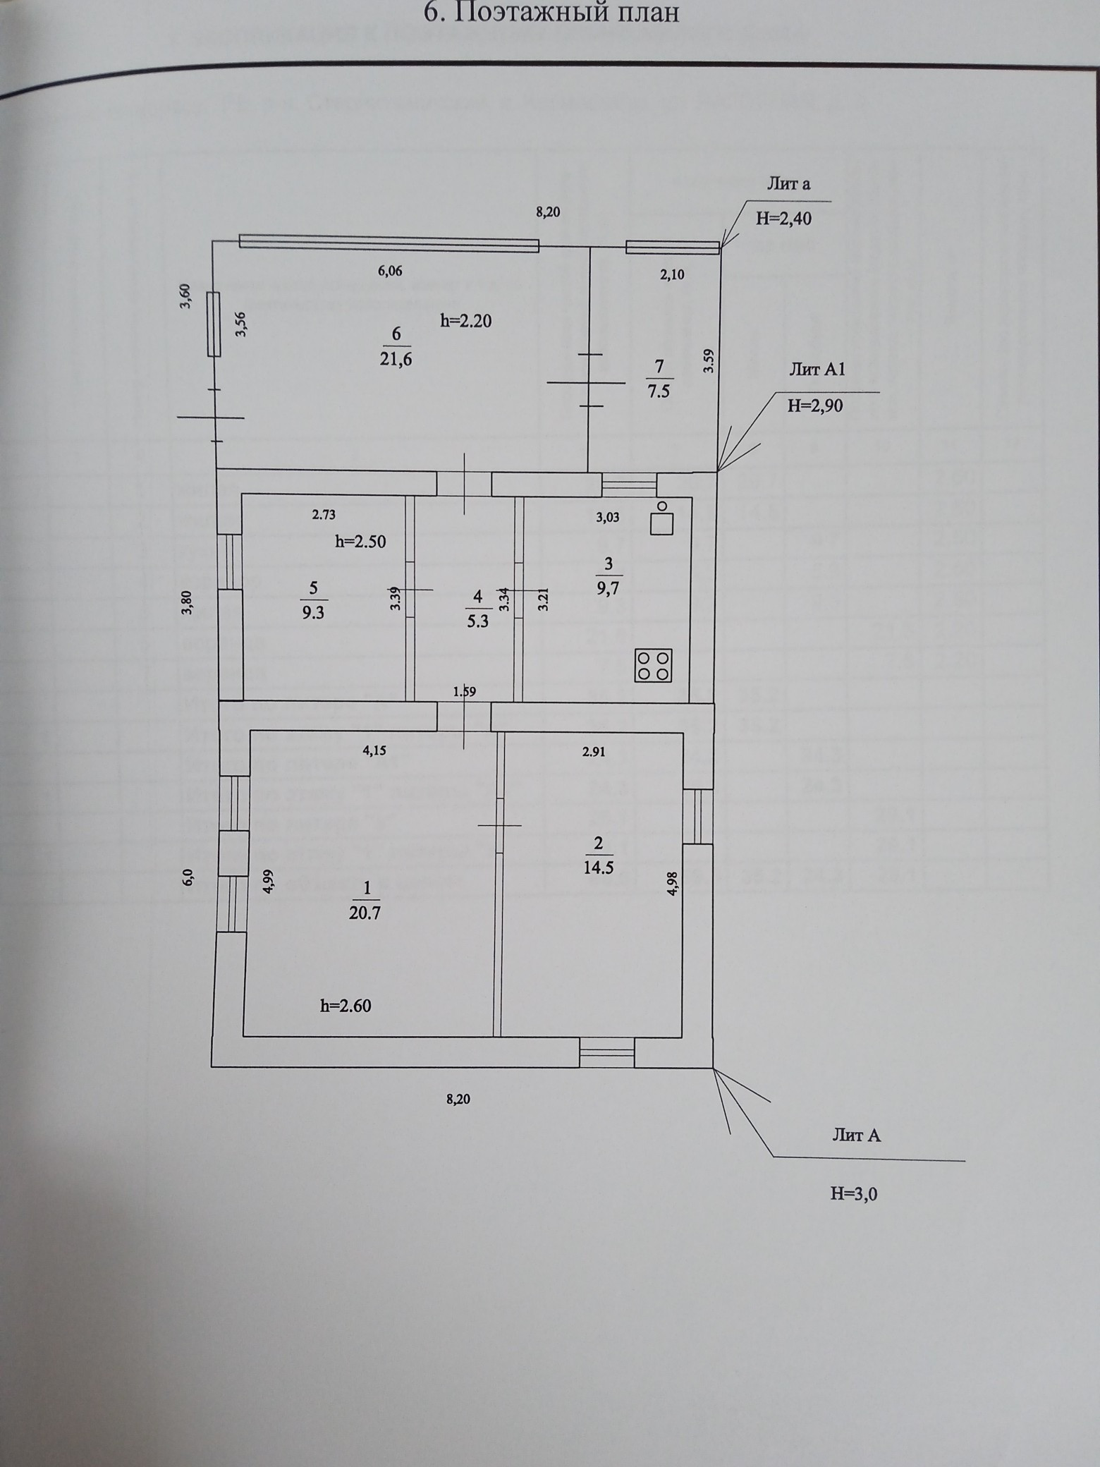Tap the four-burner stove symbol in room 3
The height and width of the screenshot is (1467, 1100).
pyautogui.click(x=653, y=665)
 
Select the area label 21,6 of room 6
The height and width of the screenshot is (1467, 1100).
pyautogui.click(x=396, y=360)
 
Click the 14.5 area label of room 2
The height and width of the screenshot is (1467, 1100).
pyautogui.click(x=599, y=867)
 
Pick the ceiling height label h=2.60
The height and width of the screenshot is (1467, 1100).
pyautogui.click(x=346, y=1006)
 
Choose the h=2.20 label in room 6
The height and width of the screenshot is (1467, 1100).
pyautogui.click(x=465, y=321)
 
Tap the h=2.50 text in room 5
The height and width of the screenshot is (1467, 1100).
pyautogui.click(x=360, y=542)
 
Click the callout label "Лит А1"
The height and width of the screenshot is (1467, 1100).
pyautogui.click(x=817, y=370)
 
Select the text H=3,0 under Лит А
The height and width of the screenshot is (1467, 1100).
pyautogui.click(x=854, y=1193)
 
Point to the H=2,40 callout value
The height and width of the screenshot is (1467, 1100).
pyautogui.click(x=783, y=219)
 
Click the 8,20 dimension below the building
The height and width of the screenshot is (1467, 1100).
pyautogui.click(x=458, y=1098)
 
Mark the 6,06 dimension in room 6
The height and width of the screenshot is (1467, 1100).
pyautogui.click(x=390, y=271)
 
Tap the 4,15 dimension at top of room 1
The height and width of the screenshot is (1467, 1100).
pyautogui.click(x=375, y=752)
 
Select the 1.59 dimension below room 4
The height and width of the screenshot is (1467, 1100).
pyautogui.click(x=465, y=692)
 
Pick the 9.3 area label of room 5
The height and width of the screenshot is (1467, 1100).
pyautogui.click(x=313, y=612)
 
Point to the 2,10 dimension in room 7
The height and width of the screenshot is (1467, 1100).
pyautogui.click(x=672, y=275)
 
